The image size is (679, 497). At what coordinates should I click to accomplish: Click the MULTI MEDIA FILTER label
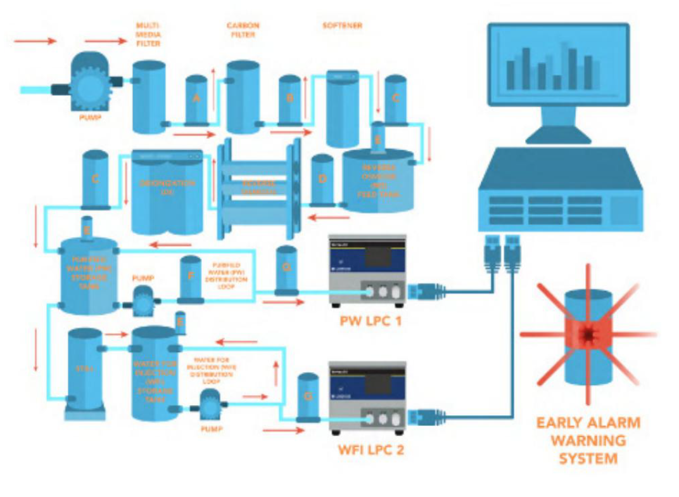coord(148,34)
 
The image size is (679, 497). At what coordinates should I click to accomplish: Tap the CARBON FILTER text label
coord(243,30)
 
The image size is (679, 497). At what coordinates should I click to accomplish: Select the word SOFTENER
coord(342,26)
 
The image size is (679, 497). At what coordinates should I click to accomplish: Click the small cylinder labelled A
coord(196,99)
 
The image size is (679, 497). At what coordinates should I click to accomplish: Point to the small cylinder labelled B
coord(289,99)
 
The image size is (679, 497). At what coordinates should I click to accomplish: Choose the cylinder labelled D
coord(322,179)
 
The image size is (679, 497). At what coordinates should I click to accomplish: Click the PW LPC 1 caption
coord(366,321)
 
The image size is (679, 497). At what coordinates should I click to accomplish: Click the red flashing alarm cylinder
coord(589,335)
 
